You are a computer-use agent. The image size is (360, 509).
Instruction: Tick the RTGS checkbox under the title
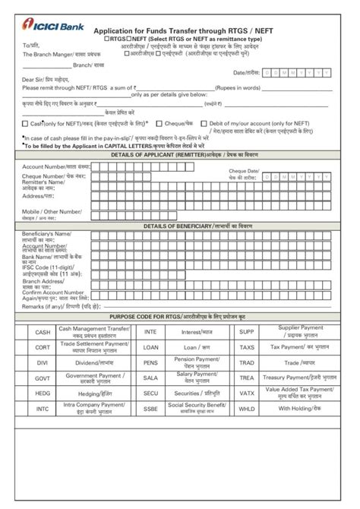coord(105,37)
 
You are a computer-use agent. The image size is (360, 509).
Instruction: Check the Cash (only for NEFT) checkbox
coord(26,122)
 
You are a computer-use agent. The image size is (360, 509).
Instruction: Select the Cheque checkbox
coord(159,122)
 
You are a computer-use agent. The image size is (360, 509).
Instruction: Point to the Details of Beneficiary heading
coord(179,226)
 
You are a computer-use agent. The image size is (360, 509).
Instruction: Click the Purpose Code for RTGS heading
coord(179,315)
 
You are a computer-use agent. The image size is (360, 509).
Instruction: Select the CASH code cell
coord(43,332)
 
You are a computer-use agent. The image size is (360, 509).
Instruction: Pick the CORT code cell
coord(43,346)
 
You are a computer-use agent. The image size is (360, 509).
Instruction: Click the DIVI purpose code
coord(43,362)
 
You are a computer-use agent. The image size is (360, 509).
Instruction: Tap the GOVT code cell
coord(43,377)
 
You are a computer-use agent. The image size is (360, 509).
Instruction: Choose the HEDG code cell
coord(43,393)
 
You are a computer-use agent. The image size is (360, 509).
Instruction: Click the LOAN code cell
coord(150,346)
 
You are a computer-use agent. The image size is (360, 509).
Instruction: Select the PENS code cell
coord(150,362)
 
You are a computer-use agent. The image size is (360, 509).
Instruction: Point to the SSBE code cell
coord(150,408)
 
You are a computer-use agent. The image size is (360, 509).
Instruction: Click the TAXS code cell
coord(247,346)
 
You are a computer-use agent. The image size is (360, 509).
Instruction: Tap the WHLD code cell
coord(247,408)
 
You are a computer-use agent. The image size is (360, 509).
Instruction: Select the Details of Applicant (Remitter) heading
coord(179,154)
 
